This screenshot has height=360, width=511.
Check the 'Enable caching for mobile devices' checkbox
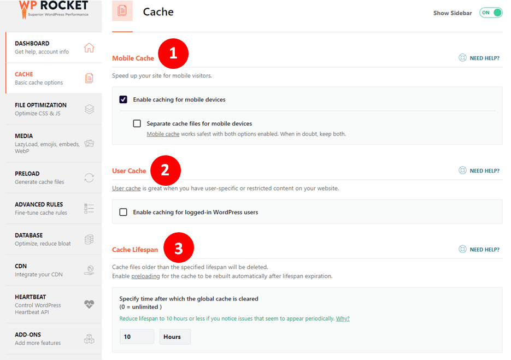pyautogui.click(x=123, y=99)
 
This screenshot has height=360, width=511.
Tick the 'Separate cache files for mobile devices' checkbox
pyautogui.click(x=137, y=123)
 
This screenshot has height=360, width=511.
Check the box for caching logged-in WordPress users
pyautogui.click(x=123, y=212)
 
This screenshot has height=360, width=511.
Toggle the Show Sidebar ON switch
pyautogui.click(x=491, y=13)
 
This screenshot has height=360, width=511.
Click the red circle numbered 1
pyautogui.click(x=173, y=54)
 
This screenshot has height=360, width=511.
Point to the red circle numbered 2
pyautogui.click(x=166, y=170)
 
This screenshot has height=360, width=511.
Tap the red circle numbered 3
pyautogui.click(x=179, y=247)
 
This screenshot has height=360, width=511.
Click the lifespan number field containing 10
pyautogui.click(x=137, y=337)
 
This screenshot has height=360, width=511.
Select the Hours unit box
pyautogui.click(x=175, y=337)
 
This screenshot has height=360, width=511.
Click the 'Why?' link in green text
pyautogui.click(x=343, y=318)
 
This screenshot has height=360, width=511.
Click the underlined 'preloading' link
pyautogui.click(x=146, y=276)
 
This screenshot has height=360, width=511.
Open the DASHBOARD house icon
pyautogui.click(x=89, y=48)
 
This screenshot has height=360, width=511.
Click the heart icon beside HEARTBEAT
pyautogui.click(x=89, y=304)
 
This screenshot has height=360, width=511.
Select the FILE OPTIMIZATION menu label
pyautogui.click(x=41, y=105)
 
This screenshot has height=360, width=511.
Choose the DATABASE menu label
pyautogui.click(x=28, y=235)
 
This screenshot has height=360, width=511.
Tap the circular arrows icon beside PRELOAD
pyautogui.click(x=89, y=178)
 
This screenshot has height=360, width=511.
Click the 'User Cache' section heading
pyautogui.click(x=129, y=171)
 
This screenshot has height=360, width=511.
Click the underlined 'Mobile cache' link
pyautogui.click(x=163, y=134)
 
